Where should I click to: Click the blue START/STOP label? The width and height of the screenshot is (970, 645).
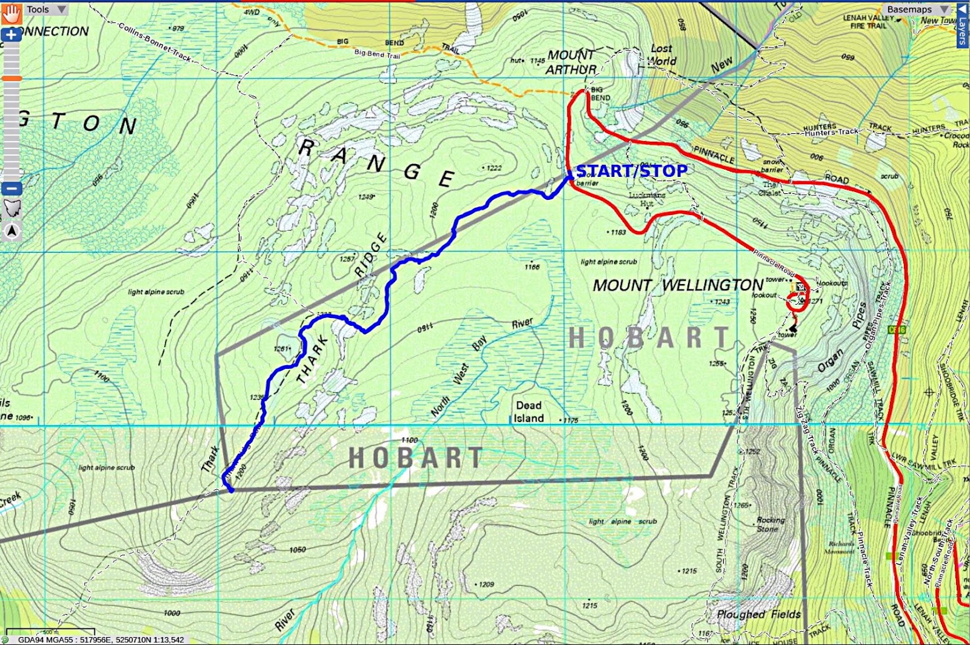[x=631, y=171]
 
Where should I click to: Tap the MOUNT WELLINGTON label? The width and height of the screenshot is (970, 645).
[x=678, y=285]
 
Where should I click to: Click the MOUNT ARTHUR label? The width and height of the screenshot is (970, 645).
[x=571, y=62]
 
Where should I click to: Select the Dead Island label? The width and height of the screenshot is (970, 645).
[x=529, y=412]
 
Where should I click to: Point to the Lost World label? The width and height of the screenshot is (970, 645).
[x=661, y=55]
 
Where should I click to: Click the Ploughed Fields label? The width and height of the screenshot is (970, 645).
[x=758, y=614]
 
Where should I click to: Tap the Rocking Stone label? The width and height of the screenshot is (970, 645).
[x=770, y=524]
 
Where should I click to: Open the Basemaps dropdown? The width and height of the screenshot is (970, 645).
[x=915, y=9]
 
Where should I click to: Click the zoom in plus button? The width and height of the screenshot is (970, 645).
[x=11, y=35]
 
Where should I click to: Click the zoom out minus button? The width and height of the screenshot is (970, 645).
[x=11, y=188]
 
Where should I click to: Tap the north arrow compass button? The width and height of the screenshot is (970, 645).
[x=12, y=231]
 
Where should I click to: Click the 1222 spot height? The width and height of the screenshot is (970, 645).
[x=493, y=168]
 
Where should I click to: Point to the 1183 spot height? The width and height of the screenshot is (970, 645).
[x=618, y=232]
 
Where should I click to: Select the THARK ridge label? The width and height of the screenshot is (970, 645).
[x=313, y=360]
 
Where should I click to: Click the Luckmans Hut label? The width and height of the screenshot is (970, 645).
[x=647, y=199]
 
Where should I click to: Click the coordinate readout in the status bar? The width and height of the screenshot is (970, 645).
[x=100, y=640]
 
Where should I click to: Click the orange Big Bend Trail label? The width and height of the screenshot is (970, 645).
[x=377, y=54]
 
